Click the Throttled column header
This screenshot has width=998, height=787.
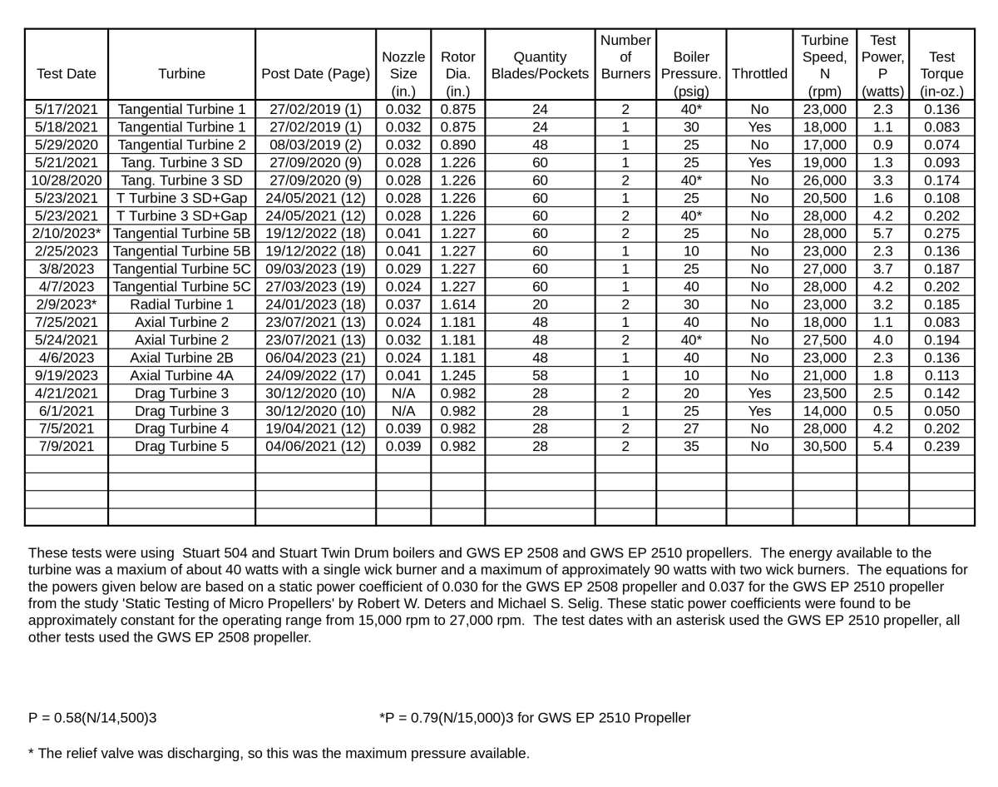759,73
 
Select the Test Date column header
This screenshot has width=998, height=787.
67,73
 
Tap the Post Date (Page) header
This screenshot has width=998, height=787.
315,73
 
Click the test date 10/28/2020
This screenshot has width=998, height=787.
67,181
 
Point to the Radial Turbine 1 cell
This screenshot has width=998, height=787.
181,304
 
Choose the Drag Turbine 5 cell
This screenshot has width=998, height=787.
181,446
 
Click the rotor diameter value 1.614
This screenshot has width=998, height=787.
457,304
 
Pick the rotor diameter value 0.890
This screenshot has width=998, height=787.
457,145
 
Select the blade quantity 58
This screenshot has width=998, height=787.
540,375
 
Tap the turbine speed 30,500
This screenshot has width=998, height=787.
824,446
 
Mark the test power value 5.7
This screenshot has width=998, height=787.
882,234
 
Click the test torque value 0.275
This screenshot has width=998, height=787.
941,234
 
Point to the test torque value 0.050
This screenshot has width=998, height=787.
941,411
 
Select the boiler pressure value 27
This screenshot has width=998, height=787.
690,428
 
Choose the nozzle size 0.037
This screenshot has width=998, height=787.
403,304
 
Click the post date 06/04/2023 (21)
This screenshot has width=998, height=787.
315,358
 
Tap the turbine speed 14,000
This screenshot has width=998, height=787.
824,411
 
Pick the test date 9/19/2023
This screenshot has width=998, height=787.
67,375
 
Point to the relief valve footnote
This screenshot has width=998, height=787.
279,754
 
